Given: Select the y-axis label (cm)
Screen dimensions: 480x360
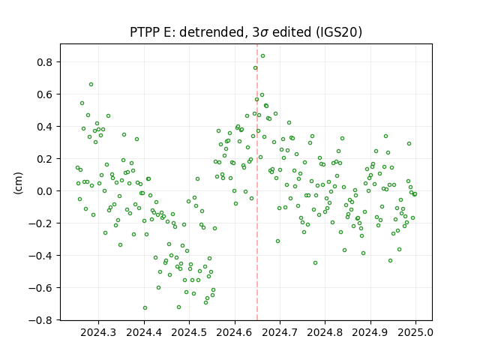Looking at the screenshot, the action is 18,183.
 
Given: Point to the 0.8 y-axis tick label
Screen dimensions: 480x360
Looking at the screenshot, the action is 45,62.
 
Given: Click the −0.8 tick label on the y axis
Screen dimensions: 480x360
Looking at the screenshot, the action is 41,320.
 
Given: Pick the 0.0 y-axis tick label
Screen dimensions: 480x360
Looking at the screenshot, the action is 45,191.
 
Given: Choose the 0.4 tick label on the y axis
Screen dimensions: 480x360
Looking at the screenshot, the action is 45,127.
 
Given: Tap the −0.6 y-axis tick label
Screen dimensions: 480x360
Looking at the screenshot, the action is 41,288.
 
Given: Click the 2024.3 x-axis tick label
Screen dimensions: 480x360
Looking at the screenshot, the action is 98,332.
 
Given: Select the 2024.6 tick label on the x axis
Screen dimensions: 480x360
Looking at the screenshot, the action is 235,332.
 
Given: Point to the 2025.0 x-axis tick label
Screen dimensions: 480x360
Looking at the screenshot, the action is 415,332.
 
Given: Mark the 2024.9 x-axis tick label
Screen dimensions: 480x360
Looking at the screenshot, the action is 370,332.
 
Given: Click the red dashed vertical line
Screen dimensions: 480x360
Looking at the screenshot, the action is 257,182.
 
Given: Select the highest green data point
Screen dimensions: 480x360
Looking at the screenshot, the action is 262,56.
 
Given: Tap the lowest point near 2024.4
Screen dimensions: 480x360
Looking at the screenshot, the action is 145,308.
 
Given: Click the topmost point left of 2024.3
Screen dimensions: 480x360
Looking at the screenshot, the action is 91,85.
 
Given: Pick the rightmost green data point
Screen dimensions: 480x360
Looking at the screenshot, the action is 415,194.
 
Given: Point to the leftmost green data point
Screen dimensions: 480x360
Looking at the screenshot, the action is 77,168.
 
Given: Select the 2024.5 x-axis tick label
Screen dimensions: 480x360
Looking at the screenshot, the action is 189,332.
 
